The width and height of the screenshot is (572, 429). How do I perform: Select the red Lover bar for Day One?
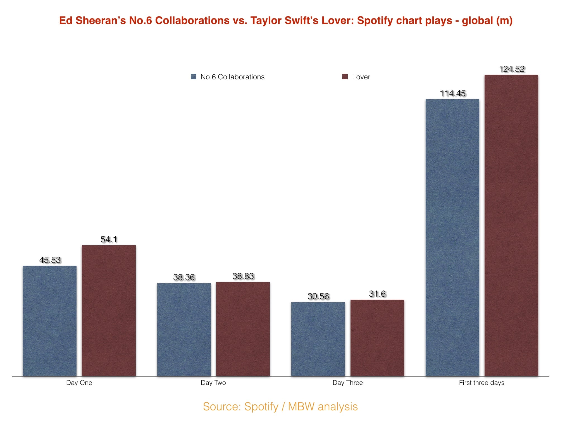tap(109, 311)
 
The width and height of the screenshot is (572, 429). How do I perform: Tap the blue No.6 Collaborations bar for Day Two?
tap(184, 330)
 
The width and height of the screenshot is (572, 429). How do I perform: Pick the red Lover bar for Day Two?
tap(243, 329)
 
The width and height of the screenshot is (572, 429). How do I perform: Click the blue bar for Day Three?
tap(318, 339)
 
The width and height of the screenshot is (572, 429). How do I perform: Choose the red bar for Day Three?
tap(377, 338)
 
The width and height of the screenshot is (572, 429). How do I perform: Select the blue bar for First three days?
tap(452, 237)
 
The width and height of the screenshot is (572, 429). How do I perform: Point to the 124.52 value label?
tap(512, 69)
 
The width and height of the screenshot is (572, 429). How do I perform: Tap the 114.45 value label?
tap(453, 93)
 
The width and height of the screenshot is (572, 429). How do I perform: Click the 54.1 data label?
tap(109, 239)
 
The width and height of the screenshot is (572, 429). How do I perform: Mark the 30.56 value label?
tap(318, 296)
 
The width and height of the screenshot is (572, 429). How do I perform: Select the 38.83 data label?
tap(243, 276)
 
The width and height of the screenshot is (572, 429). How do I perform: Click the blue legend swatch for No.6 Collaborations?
tap(194, 77)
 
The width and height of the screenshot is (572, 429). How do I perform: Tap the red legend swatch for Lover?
tap(345, 77)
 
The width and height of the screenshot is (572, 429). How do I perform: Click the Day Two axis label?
tap(213, 383)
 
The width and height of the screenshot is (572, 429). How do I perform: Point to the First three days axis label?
tap(482, 383)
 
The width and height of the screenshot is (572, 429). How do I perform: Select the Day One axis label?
tap(79, 383)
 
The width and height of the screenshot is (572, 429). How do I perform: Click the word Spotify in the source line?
tap(261, 407)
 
